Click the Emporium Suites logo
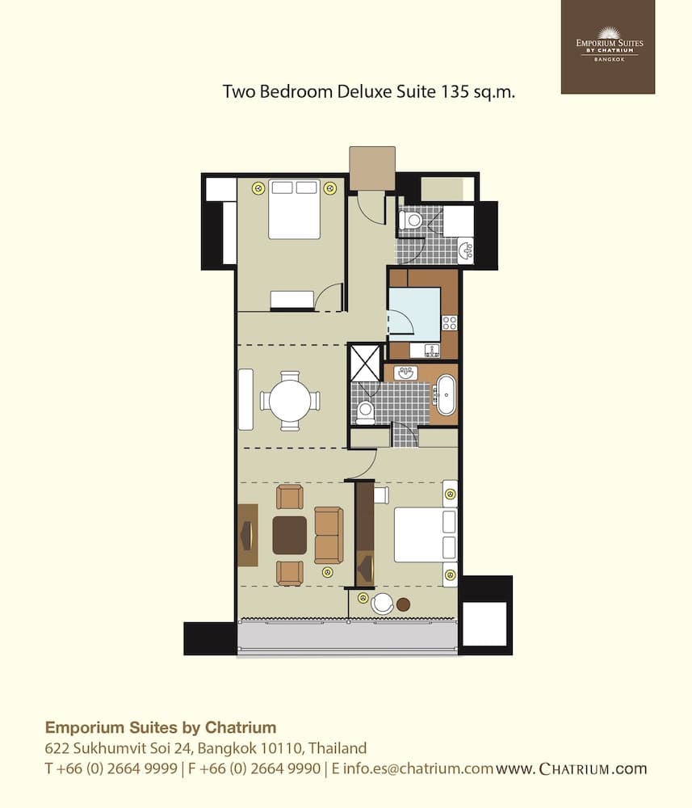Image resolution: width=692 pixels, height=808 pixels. coord(608,46)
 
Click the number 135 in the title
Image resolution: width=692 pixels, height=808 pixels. coord(454,92)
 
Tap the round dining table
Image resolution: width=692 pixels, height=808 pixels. coord(290,400)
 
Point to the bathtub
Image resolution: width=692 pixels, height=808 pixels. coord(447,395)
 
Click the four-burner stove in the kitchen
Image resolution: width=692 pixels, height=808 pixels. coord(450,323)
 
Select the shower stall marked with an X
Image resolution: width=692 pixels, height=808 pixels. coord(365,362)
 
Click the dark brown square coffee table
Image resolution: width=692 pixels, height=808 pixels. coord(290,536)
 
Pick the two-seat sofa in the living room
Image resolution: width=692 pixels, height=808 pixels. coord(329,535)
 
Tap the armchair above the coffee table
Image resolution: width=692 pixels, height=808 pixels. coord(290,497)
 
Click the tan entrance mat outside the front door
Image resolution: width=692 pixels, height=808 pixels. coord(372,169)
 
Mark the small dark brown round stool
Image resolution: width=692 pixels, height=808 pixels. coord(403,604)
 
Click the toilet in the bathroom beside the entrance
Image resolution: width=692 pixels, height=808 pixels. coord(411,221)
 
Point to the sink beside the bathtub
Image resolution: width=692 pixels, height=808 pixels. coord(405,372)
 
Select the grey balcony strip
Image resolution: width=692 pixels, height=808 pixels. coord(347,638)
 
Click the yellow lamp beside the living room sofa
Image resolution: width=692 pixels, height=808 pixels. coord(327,572)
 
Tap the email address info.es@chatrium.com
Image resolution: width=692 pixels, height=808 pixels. coord(418,768)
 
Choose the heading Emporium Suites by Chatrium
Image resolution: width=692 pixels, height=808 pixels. coord(161,727)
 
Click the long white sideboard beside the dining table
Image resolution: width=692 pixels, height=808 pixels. coord(245,399)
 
